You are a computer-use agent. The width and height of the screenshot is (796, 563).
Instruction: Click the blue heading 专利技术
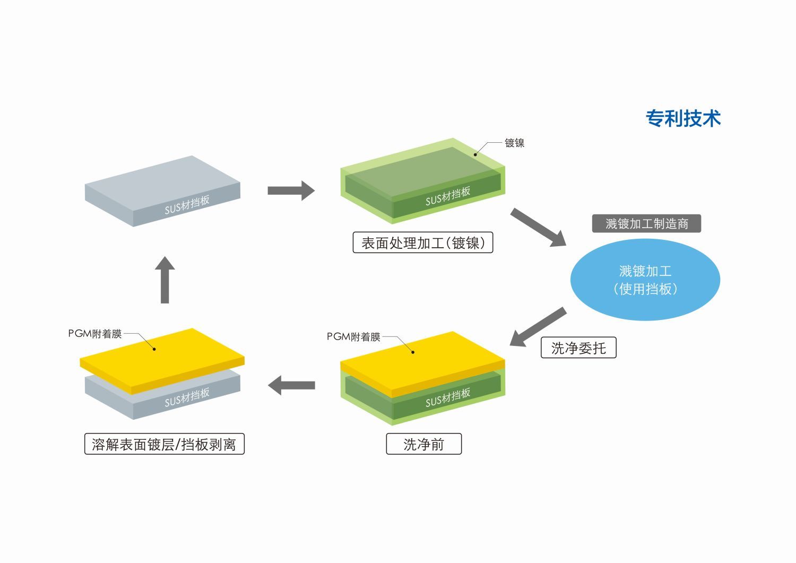[x=683, y=118]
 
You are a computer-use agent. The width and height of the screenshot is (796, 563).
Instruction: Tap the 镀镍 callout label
[x=514, y=143]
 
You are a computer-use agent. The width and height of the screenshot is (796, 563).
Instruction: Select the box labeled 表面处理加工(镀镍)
[x=423, y=243]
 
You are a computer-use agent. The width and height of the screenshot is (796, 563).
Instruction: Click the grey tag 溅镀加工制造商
[x=646, y=223]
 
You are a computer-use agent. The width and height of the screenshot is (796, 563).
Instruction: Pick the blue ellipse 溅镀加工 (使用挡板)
[x=645, y=280]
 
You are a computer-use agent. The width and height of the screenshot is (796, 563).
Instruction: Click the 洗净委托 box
[x=578, y=348]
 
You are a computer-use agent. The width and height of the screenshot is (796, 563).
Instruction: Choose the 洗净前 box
[x=423, y=444]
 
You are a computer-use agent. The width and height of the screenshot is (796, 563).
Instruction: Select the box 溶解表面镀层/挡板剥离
[x=164, y=444]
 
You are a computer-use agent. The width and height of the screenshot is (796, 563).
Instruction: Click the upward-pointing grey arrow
[x=165, y=280]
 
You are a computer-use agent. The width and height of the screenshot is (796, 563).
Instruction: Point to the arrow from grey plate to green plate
[x=291, y=190]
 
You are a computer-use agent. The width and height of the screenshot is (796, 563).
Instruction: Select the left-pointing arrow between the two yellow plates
[x=291, y=385]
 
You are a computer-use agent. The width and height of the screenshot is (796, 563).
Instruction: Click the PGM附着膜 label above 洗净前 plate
[x=353, y=336]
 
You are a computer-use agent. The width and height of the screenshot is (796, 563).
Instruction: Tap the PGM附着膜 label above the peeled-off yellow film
[x=95, y=334]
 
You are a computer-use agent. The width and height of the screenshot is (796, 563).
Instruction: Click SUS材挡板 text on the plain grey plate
[x=187, y=205]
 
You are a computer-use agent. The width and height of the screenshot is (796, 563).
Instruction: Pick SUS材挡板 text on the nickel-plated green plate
[x=448, y=196]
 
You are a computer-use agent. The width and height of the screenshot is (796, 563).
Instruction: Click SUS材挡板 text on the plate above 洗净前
[x=448, y=397]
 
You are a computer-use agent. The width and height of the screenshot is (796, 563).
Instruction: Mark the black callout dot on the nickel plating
[x=475, y=155]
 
